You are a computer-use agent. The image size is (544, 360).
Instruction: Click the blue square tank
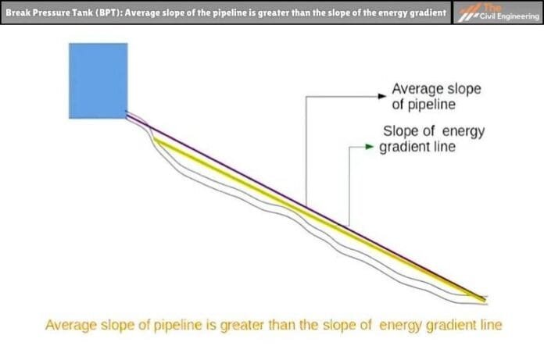[x=98, y=80]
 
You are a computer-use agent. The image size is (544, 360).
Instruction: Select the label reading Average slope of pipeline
[x=435, y=97]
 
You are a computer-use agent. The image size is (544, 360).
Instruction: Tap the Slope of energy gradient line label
[x=432, y=138]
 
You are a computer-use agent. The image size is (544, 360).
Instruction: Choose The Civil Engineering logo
[x=497, y=13]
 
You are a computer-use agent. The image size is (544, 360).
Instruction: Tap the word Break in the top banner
[x=19, y=13]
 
